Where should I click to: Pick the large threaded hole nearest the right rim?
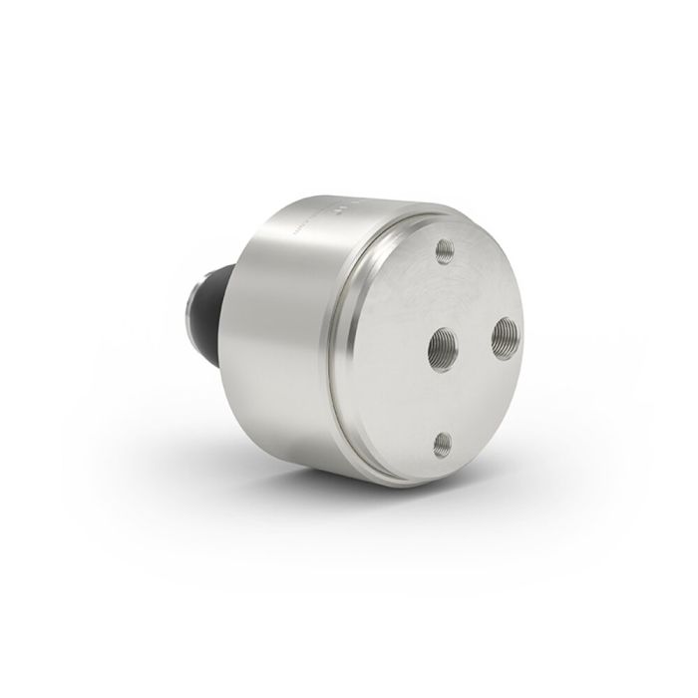[504, 334]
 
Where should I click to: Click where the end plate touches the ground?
[419, 483]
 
